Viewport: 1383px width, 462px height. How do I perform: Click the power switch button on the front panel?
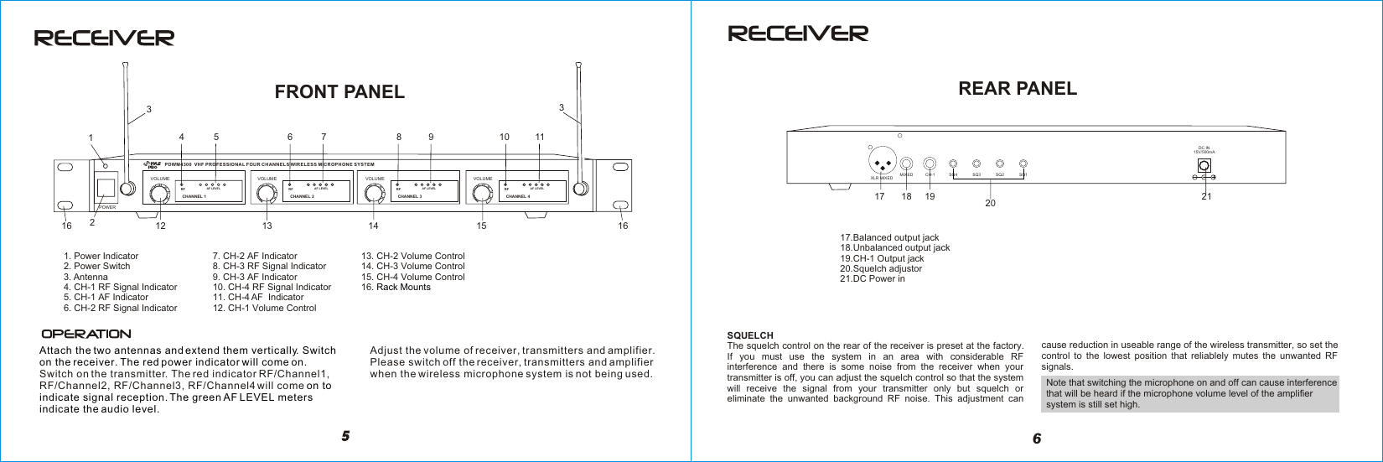[105, 189]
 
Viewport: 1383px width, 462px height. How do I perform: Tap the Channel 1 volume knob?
[158, 195]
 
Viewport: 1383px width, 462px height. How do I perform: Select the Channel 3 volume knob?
[374, 195]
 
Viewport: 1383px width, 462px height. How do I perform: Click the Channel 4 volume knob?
[481, 195]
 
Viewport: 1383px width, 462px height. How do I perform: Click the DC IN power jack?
[1204, 165]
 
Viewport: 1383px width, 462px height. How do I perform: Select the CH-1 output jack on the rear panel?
[930, 164]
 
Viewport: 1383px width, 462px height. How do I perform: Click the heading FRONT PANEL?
[339, 92]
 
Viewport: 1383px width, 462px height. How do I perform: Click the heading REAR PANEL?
[1017, 88]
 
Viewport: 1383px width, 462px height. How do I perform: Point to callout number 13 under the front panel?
[267, 226]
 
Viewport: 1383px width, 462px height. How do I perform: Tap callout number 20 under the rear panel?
[989, 203]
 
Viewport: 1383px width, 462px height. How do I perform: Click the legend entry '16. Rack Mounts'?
[396, 287]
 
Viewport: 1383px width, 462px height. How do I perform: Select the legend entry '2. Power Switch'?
[97, 267]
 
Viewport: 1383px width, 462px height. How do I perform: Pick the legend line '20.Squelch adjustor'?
[880, 268]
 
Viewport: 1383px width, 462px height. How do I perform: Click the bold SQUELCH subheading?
[750, 335]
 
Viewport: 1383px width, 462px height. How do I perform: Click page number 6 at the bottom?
[1037, 439]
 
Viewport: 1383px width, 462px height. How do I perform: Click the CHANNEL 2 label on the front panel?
[302, 196]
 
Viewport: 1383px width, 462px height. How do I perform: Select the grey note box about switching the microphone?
[1190, 394]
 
